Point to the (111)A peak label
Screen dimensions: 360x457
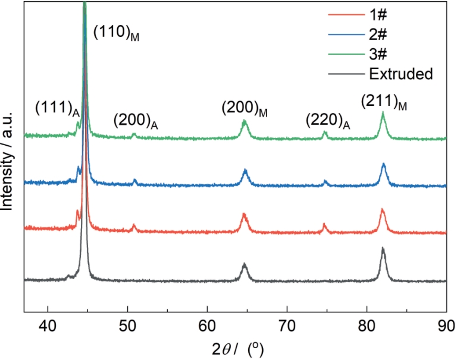tap(57, 109)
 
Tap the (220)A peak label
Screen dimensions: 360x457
tap(328, 121)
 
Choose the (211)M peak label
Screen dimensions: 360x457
tap(384, 103)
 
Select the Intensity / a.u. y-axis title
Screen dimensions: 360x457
tap(8, 158)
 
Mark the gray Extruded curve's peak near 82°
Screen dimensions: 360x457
tap(383, 249)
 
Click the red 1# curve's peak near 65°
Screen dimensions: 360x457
tap(244, 214)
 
